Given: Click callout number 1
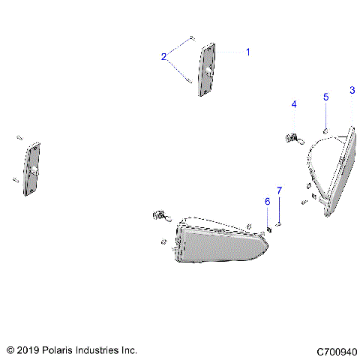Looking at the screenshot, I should pos(248,52).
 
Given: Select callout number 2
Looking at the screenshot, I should pos(163,56).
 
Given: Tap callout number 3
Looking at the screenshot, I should pos(352,91).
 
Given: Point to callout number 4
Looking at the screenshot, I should pos(294,103).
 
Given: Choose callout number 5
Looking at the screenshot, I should pos(326,97).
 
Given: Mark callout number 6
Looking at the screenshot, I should pos(266,201).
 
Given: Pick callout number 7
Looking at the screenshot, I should pos(279,191).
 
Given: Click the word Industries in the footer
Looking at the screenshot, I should pos(101,350).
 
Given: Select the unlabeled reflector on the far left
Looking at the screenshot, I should pos(32,169).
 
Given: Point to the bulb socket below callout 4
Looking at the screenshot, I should pos(292,137).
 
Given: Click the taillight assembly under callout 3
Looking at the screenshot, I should pos(335,171).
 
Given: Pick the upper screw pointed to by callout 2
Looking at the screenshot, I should pos(192,38).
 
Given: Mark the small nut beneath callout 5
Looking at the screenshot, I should pos(325,130).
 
